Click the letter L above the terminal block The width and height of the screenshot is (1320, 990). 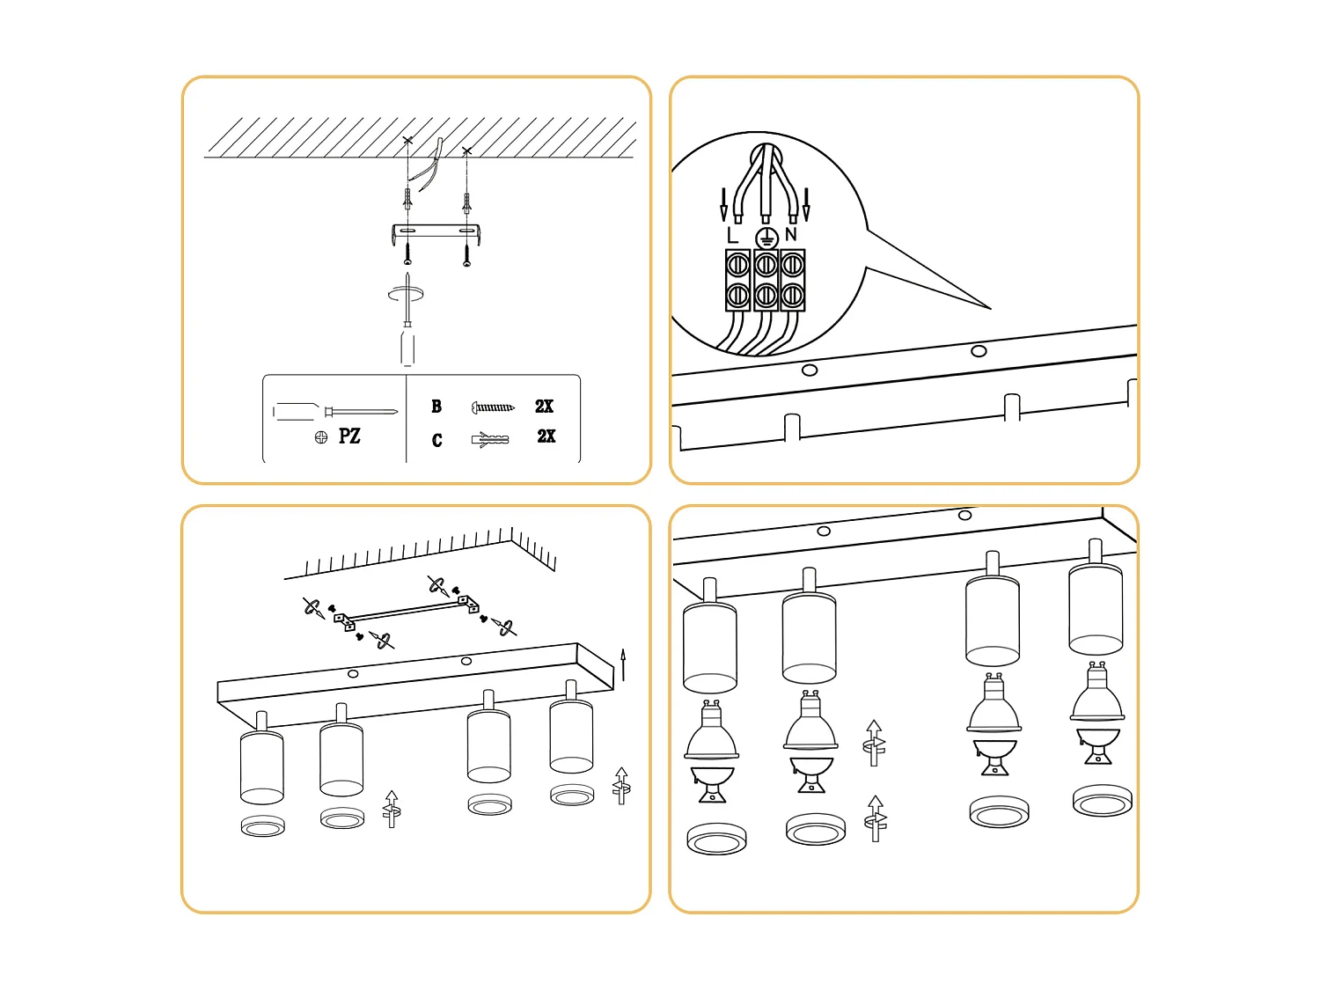point(732,235)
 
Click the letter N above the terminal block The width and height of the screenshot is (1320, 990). point(790,234)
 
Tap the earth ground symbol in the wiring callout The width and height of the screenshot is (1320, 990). point(766,238)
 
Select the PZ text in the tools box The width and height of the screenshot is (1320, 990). point(349,436)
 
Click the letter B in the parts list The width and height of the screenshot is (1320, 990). point(436,407)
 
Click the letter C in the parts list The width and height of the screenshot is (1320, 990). point(436,440)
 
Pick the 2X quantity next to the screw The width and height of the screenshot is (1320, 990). point(544,407)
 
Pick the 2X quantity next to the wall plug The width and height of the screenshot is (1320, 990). point(546,436)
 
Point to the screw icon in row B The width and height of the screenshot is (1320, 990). point(493,407)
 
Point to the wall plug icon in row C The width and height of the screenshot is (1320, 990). point(490,438)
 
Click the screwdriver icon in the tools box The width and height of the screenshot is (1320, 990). point(334,411)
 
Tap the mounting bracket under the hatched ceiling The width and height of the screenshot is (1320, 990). point(437,232)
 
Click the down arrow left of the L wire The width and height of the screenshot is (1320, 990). point(723,204)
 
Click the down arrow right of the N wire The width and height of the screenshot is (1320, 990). point(806,204)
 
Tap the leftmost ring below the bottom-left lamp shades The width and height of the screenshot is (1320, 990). point(262,825)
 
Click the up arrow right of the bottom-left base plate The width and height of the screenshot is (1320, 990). point(623,664)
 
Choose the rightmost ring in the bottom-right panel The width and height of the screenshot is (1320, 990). point(1102,801)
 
